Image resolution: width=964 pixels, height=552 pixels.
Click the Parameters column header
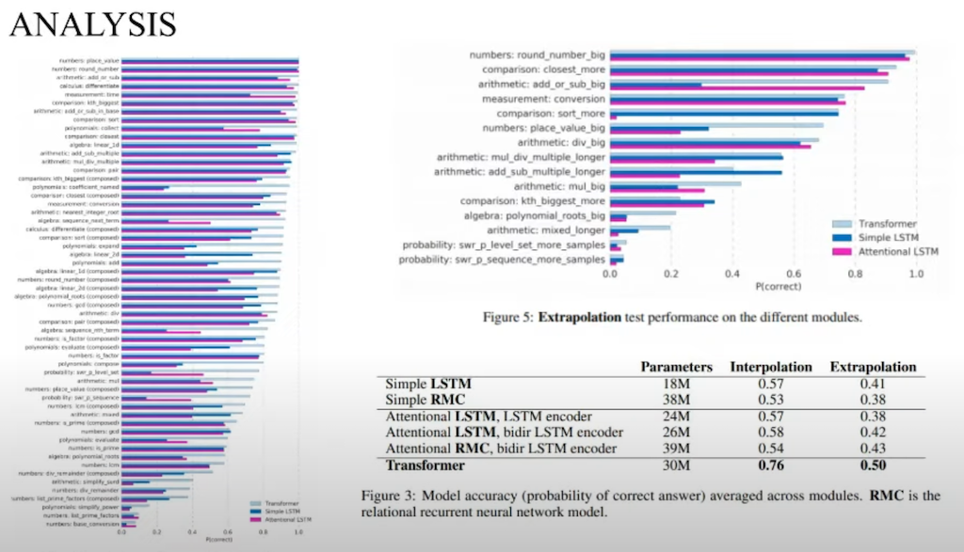coord(676,366)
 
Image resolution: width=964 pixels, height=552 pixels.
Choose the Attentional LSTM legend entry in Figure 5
coord(899,251)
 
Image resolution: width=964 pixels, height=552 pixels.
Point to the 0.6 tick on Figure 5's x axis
coord(794,274)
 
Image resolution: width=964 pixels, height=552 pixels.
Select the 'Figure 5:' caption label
coord(507,318)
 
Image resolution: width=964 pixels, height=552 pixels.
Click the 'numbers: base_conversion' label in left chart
coord(86,524)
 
